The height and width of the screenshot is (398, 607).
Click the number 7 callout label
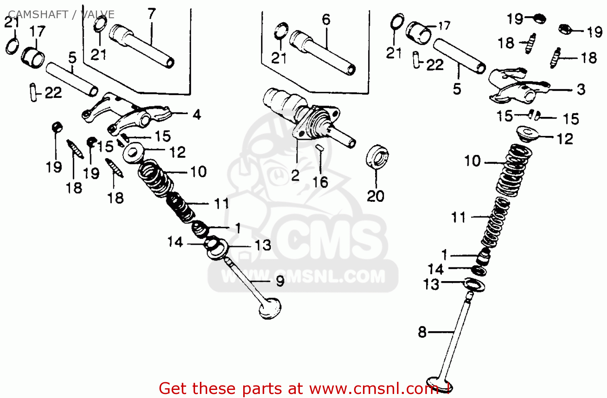(152, 14)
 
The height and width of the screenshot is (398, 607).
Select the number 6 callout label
(326, 19)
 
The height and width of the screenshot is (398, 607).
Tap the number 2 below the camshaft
(295, 175)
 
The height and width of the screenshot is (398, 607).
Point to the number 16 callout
(320, 182)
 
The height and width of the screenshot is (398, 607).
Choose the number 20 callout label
(376, 196)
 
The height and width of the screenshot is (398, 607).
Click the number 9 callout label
(280, 281)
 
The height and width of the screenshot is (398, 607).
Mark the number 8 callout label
(422, 332)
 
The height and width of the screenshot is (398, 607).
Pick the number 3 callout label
(581, 89)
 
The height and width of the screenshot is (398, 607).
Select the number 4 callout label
(197, 115)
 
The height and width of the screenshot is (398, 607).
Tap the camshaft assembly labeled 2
(308, 117)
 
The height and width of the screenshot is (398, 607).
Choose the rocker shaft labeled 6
(324, 52)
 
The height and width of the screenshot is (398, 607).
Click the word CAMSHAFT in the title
(38, 15)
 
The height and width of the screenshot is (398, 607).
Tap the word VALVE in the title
(98, 15)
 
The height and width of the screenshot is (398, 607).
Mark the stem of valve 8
(457, 336)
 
